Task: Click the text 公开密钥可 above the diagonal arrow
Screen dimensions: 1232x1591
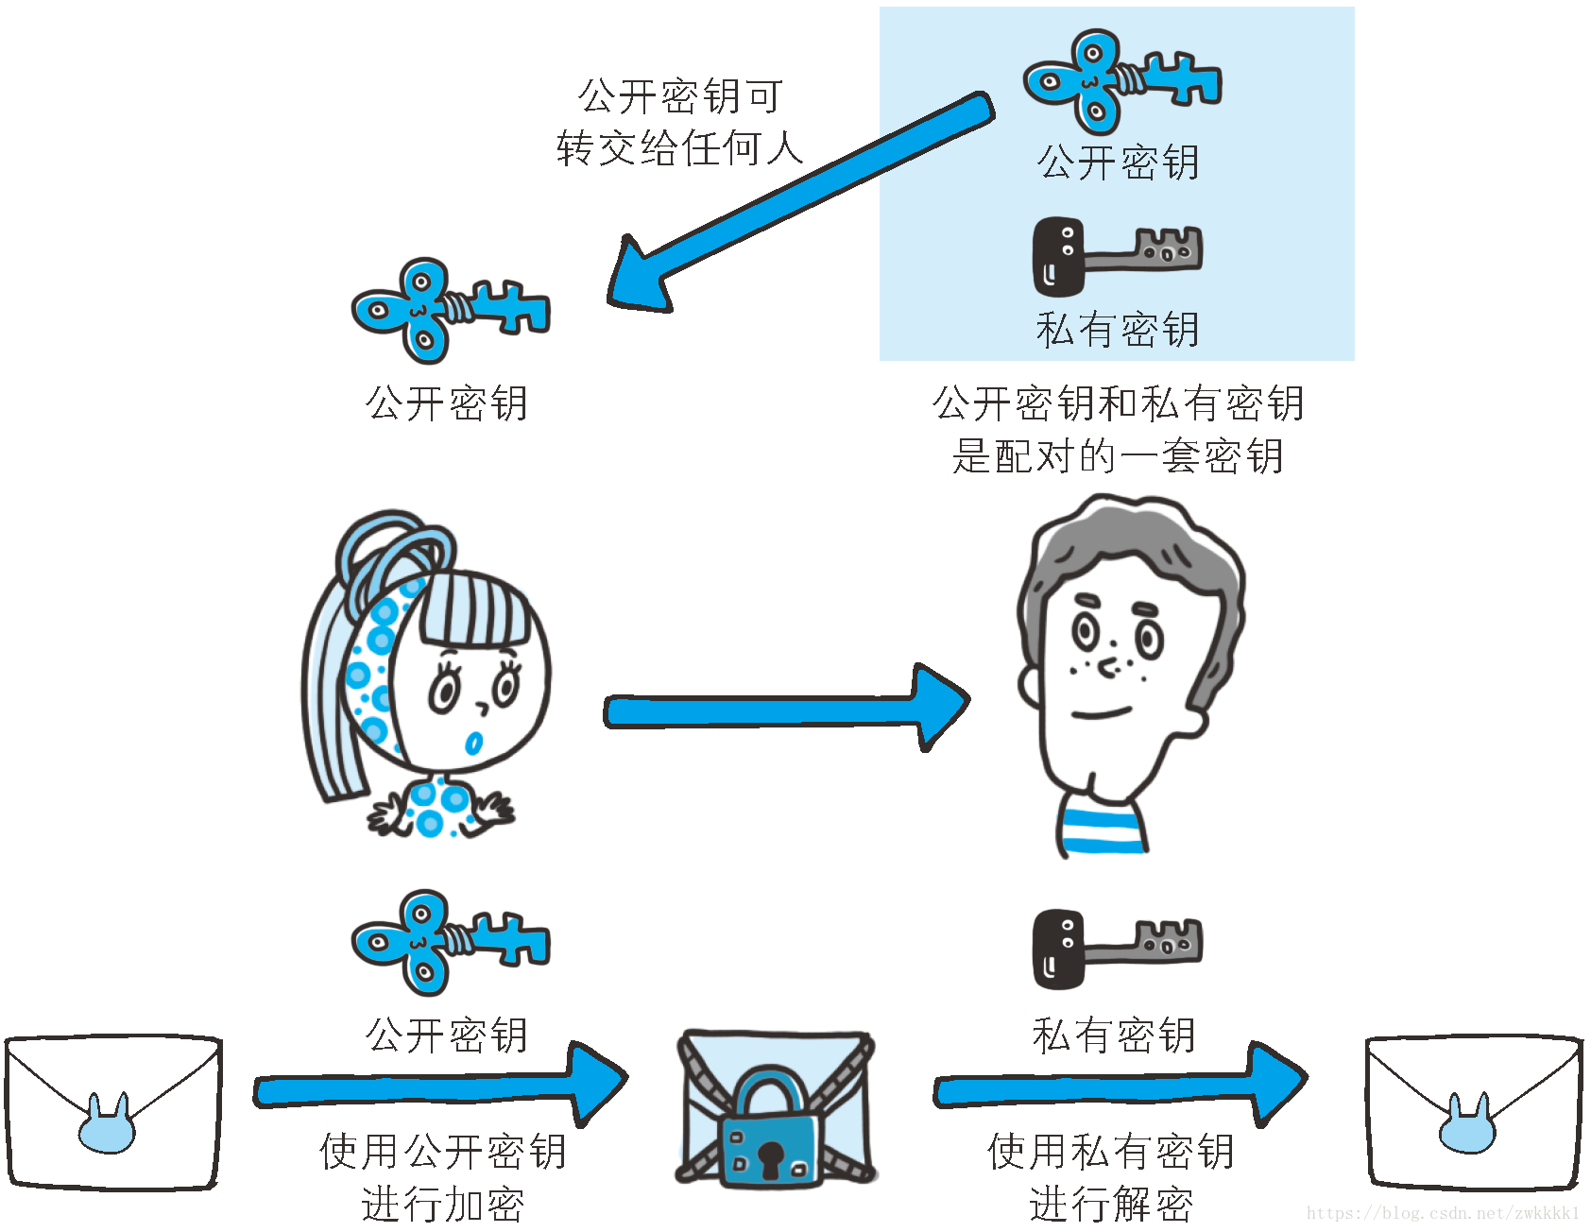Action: click(680, 96)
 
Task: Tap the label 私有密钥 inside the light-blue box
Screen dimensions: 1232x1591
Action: click(1117, 330)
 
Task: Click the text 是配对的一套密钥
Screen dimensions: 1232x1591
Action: click(1117, 456)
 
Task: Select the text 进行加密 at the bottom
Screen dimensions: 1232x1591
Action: click(442, 1205)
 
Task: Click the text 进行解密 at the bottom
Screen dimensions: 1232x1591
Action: click(1110, 1205)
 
